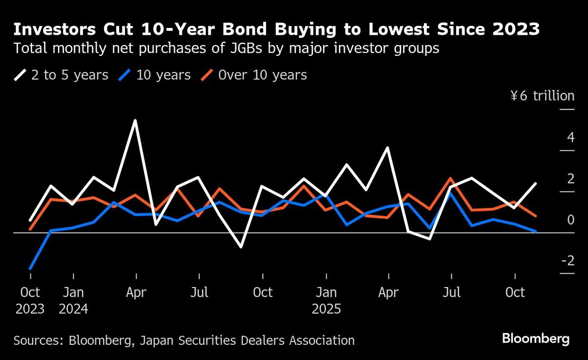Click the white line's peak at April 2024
click(x=135, y=120)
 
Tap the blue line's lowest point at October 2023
click(x=30, y=268)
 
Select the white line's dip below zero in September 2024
click(x=241, y=247)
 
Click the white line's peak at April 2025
click(x=388, y=147)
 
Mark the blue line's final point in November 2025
click(x=536, y=231)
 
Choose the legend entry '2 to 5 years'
click(x=61, y=75)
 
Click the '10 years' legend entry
click(x=156, y=75)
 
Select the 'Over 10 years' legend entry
click(x=255, y=75)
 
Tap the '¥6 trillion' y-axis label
click(x=542, y=96)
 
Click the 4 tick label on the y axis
click(x=570, y=137)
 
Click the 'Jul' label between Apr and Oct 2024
click(x=199, y=292)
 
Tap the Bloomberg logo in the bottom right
click(x=536, y=338)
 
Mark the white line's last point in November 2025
click(x=536, y=184)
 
